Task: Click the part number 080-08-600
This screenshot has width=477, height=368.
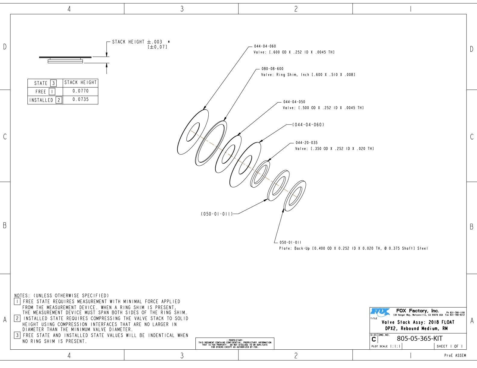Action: click(x=272, y=69)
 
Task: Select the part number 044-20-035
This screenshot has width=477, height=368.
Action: click(x=307, y=143)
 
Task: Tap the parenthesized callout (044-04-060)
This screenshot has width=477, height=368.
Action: click(x=308, y=125)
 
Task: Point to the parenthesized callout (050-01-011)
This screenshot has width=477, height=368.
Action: click(x=217, y=214)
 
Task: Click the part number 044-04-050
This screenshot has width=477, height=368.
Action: click(x=294, y=102)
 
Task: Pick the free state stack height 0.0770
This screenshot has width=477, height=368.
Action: click(x=81, y=91)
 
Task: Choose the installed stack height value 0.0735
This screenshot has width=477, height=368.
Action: click(x=81, y=100)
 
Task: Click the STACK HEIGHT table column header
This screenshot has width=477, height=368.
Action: click(x=81, y=82)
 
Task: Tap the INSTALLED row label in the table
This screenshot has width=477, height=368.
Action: click(x=41, y=100)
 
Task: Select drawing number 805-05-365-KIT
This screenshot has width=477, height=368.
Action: click(x=420, y=339)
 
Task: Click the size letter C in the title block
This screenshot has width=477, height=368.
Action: click(x=374, y=339)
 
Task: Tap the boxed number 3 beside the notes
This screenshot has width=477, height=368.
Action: click(x=17, y=335)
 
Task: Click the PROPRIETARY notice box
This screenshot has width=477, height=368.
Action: click(x=235, y=344)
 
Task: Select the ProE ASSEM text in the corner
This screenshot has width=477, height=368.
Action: click(x=455, y=356)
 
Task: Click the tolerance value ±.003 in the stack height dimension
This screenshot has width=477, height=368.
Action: click(x=154, y=42)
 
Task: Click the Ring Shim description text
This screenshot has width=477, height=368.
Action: click(x=308, y=75)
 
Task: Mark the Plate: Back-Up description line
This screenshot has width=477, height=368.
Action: click(x=354, y=248)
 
